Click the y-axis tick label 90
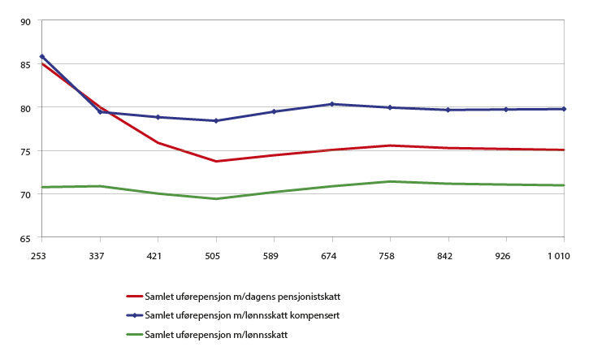24,21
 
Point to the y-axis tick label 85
24,64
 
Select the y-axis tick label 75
24,151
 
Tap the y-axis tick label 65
24,237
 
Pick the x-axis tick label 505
215,255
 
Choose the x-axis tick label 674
331,255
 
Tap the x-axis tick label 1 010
558,255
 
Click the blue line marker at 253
42,57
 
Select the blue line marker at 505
216,121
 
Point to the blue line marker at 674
331,104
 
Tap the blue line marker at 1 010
564,109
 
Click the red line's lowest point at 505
216,161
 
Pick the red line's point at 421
158,143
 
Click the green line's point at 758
390,181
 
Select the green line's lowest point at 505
216,198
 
